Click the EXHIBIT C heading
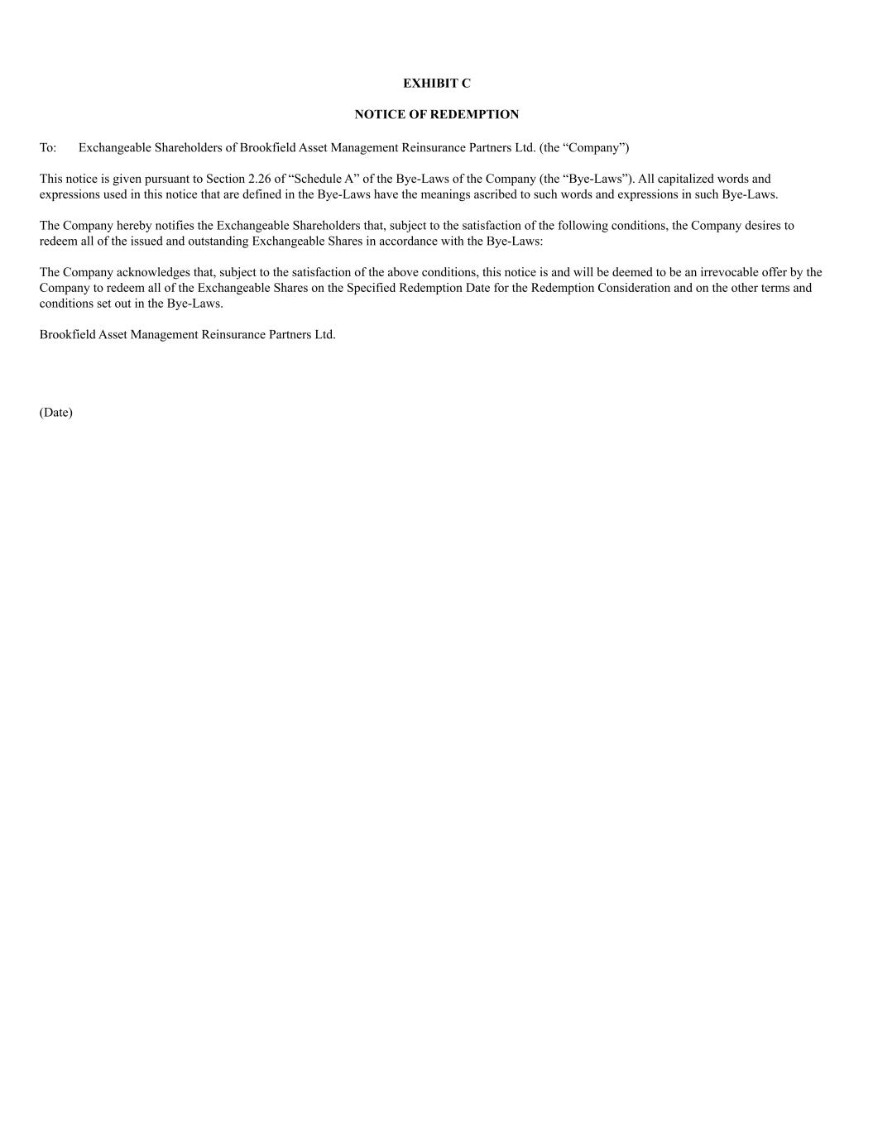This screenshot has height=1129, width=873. [x=436, y=84]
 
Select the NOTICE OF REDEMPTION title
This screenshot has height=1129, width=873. [x=436, y=114]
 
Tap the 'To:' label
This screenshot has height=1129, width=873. [x=48, y=148]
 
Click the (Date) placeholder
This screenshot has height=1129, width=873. [x=55, y=413]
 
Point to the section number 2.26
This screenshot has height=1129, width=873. [x=260, y=179]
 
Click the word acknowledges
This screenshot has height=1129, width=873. [x=152, y=272]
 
